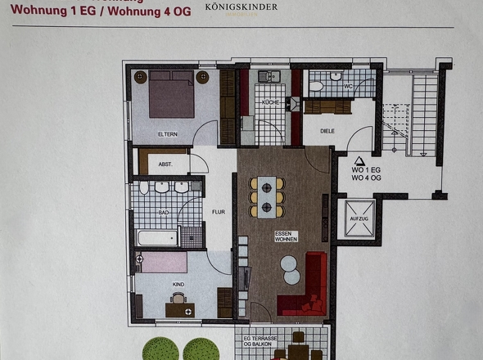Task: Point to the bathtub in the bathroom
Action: click(157, 238)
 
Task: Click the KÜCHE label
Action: click(271, 102)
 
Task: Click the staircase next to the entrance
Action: click(414, 115)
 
